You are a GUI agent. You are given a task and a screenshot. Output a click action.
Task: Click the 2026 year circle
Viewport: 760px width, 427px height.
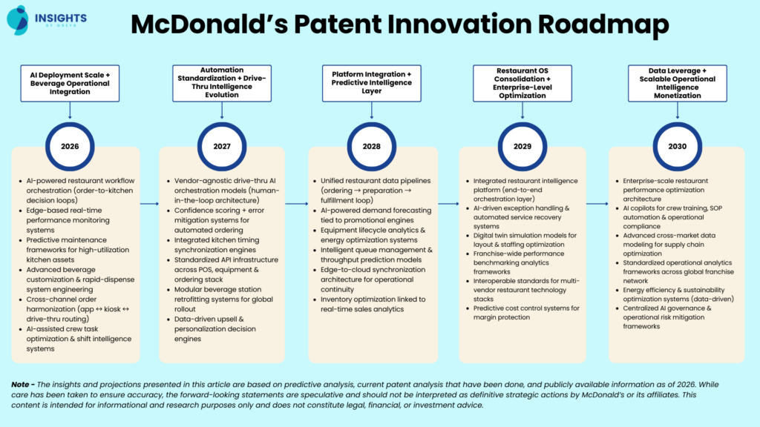coord(70,146)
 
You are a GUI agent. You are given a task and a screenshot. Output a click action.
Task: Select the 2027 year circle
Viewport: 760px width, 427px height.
coord(221,146)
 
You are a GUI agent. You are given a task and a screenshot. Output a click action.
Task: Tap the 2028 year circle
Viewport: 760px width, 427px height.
coord(371,146)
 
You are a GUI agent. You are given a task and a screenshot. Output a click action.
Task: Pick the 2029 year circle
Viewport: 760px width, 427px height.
coord(522,146)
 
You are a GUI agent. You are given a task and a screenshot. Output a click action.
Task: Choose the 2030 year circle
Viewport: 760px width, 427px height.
coord(676,146)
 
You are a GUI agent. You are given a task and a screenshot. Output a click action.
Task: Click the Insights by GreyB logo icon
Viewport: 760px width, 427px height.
coord(18,19)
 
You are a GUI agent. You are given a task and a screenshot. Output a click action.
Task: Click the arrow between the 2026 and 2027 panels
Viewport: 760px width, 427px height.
coord(149,203)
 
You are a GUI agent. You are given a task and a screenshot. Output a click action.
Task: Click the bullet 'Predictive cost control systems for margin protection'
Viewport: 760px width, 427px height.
coord(527,312)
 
